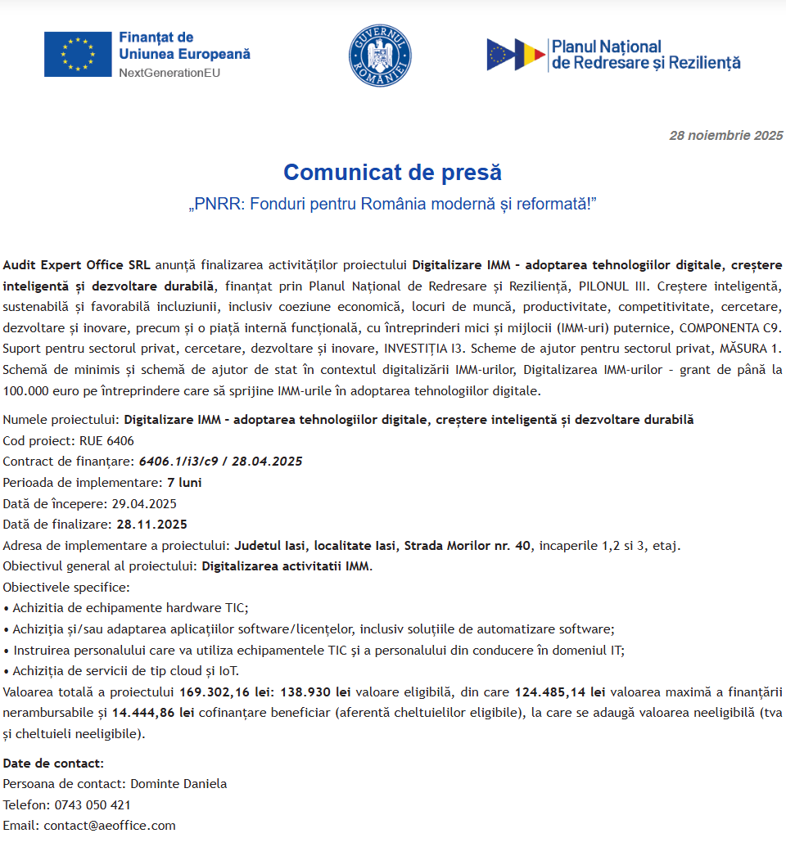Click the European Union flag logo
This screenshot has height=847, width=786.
click(78, 54)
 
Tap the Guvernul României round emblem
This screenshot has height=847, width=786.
click(380, 54)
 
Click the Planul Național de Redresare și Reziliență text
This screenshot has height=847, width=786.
click(645, 54)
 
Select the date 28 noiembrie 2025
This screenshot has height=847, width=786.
click(725, 136)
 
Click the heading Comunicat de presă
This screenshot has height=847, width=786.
click(392, 173)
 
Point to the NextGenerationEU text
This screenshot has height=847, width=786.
click(169, 73)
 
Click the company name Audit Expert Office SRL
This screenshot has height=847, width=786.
click(76, 265)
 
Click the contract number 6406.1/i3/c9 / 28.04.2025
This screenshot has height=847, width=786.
click(220, 462)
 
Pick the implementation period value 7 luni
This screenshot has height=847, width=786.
click(184, 483)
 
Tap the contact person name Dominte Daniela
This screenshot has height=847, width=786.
click(178, 784)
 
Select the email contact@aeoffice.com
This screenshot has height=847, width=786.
click(110, 826)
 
